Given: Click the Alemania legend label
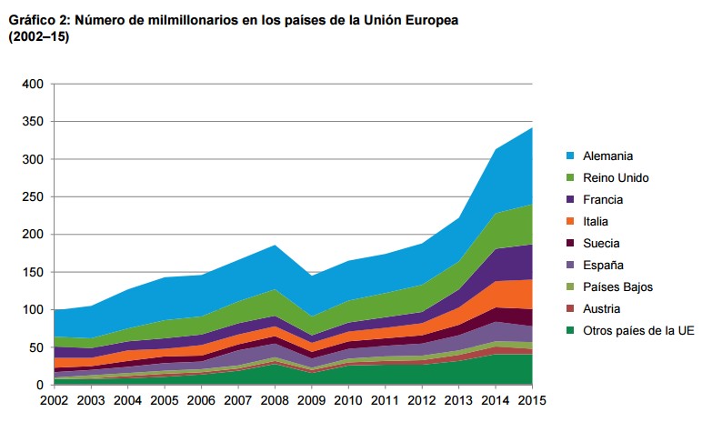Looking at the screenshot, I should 607,156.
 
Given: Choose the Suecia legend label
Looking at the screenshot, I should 602,243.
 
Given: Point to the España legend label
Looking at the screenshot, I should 603,265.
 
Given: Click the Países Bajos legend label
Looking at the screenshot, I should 617,286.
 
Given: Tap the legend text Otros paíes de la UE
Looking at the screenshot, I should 638,330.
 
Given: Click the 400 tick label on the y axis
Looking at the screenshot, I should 32,84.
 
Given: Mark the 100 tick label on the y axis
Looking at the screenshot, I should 32,310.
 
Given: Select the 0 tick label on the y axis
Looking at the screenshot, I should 39,386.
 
